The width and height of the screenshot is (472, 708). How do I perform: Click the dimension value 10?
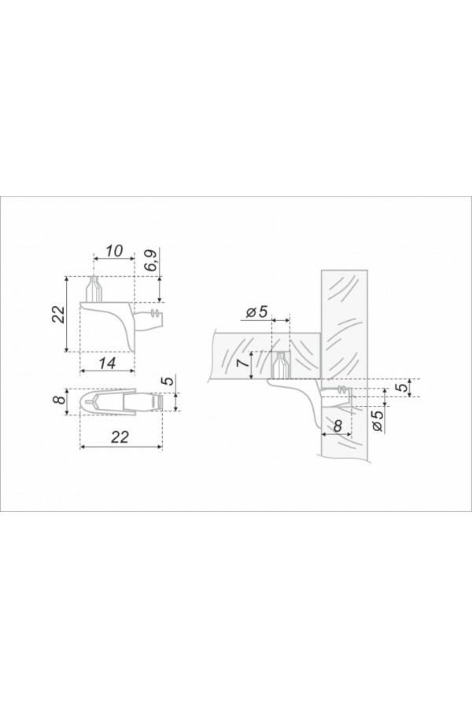(114, 251)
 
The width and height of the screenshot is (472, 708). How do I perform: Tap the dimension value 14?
(107, 363)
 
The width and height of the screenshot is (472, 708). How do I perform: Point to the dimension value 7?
(242, 362)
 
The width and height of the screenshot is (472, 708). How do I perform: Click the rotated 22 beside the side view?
(58, 314)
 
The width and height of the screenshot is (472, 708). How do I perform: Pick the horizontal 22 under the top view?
(120, 437)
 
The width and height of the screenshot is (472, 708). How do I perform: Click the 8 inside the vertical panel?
(337, 426)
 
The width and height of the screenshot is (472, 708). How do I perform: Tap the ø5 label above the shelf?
(258, 312)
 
